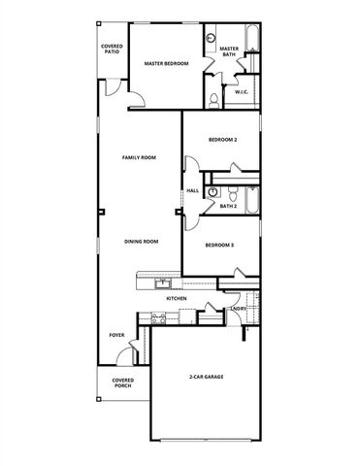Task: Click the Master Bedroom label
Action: [165, 63]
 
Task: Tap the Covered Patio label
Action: [112, 49]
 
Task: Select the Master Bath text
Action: [229, 50]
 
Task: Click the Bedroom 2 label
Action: [222, 140]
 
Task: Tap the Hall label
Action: [192, 190]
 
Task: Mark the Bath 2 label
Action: [228, 206]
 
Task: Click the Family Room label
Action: [140, 157]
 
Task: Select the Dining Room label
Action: [141, 241]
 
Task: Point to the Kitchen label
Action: [176, 298]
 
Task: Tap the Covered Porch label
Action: [122, 383]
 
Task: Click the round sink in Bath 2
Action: [211, 191]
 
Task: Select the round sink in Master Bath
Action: [211, 38]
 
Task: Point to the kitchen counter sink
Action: [160, 283]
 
